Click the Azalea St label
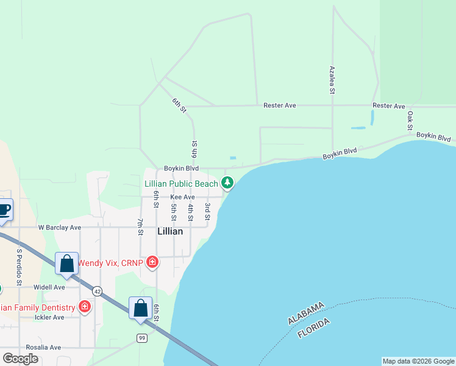(333, 79)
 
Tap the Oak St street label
(410, 120)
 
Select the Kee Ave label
(182, 197)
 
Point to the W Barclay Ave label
(59, 228)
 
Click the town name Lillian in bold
(170, 231)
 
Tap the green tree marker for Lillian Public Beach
(227, 182)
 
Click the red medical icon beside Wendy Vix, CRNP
(152, 263)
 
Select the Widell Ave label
(49, 287)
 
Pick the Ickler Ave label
(49, 317)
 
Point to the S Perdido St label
(20, 267)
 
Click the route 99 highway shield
(142, 338)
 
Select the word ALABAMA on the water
(306, 313)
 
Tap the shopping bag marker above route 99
(140, 309)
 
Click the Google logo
(20, 359)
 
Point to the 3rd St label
(207, 212)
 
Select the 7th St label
(140, 227)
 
